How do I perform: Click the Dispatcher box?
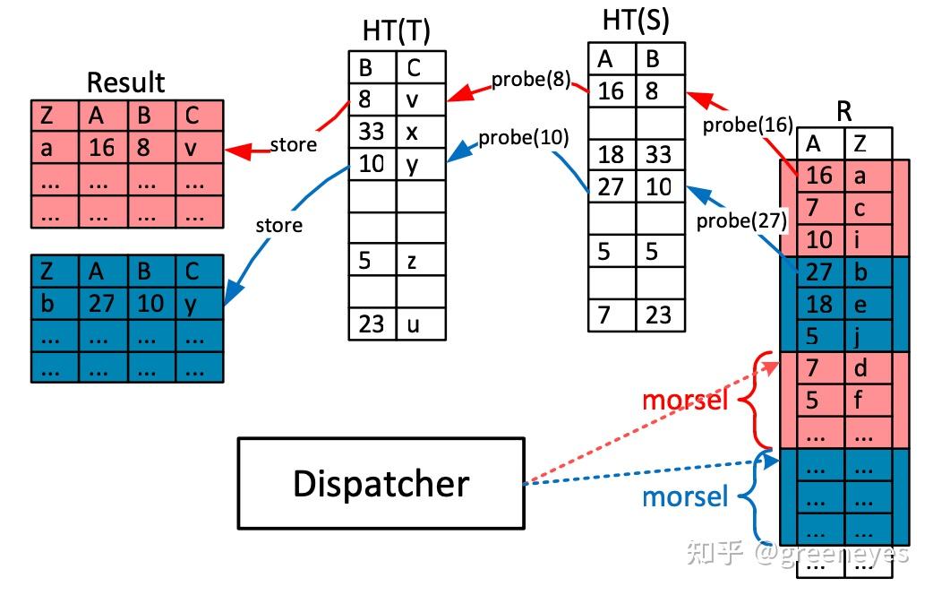coord(381,483)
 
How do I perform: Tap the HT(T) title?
coord(397,30)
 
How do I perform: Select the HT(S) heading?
coord(636,21)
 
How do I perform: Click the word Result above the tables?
coord(125,82)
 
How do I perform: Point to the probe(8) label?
coord(531,79)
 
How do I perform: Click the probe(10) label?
coord(524,138)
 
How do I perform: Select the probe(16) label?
coord(748,125)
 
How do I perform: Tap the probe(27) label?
coord(741,221)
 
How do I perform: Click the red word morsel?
coord(686,401)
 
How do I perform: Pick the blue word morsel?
coord(686,496)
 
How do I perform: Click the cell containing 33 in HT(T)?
coord(372,132)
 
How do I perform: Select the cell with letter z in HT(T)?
coord(421,259)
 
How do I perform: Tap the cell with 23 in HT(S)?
coord(661,315)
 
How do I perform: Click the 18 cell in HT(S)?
coord(612,155)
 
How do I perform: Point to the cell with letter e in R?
coord(869,305)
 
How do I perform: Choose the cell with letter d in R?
coord(869,368)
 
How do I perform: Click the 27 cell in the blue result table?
coord(103,304)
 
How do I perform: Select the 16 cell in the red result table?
coord(103,147)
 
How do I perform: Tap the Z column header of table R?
coord(869,143)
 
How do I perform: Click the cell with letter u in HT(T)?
coord(421,324)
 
